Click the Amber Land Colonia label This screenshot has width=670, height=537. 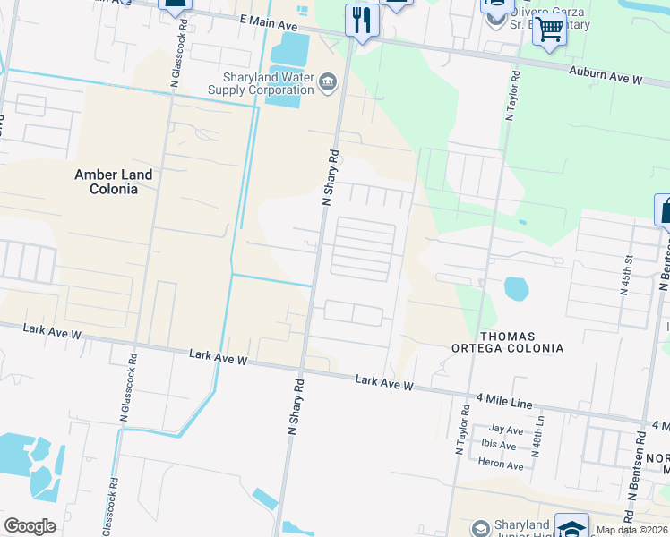113,182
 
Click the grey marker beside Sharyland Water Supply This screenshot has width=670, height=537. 328,84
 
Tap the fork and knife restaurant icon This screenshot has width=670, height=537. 362,20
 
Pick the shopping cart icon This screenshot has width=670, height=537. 549,30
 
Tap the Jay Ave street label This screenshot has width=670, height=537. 506,430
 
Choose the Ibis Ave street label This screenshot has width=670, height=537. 501,445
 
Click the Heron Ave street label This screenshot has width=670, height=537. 502,465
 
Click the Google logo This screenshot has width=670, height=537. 30,526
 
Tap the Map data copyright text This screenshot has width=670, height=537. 631,530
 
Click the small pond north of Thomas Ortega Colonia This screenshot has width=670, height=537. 516,288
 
